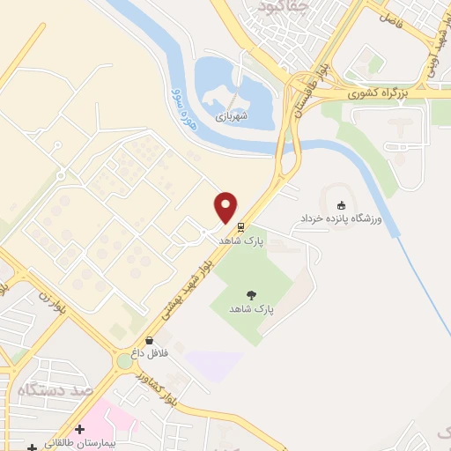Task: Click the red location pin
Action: pos(226,206)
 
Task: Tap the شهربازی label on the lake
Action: pos(233,114)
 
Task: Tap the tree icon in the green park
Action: pos(252,297)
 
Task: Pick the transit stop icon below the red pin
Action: pos(240,224)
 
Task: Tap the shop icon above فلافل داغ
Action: pos(148,339)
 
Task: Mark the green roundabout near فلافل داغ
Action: pos(124,361)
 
